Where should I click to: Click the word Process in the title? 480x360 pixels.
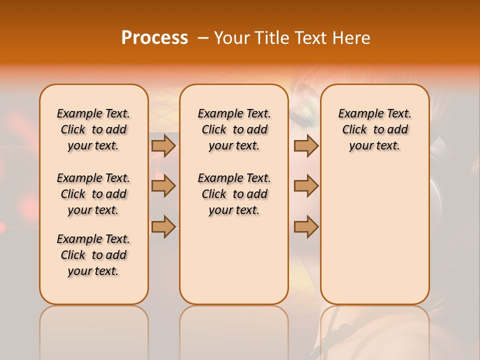point(154,38)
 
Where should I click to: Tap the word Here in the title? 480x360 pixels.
point(352,38)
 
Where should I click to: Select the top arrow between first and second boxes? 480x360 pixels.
point(163,145)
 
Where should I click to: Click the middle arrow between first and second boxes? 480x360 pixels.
point(163,186)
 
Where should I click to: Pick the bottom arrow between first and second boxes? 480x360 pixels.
point(163,226)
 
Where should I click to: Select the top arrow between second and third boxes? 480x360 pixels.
point(306,145)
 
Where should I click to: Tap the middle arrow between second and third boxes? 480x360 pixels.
point(306,186)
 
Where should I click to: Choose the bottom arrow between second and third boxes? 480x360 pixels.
point(306,226)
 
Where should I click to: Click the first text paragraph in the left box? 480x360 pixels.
point(93,129)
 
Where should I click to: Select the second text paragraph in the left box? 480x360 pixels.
point(93,194)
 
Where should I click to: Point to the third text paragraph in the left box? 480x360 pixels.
point(93,255)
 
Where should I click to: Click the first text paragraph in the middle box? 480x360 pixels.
point(234,129)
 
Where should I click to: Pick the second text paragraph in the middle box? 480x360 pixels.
point(234,194)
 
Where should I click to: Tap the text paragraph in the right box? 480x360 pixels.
point(375,129)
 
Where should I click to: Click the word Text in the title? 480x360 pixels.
point(312,38)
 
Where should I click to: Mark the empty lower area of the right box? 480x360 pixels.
point(375,235)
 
